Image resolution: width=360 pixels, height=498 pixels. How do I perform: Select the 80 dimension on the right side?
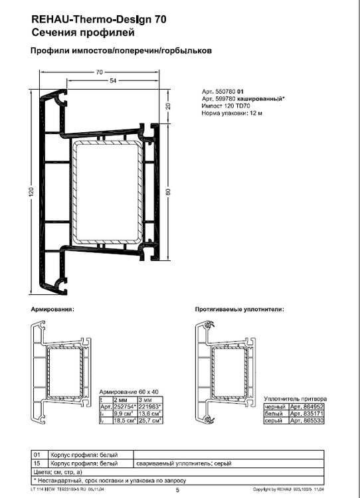point(168,191)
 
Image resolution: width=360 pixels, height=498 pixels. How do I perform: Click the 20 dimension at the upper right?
point(168,107)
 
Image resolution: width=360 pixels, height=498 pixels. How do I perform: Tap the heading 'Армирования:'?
point(52,310)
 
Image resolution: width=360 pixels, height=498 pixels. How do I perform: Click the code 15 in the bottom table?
point(37,463)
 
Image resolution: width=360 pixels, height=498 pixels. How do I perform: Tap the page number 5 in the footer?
point(177,490)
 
